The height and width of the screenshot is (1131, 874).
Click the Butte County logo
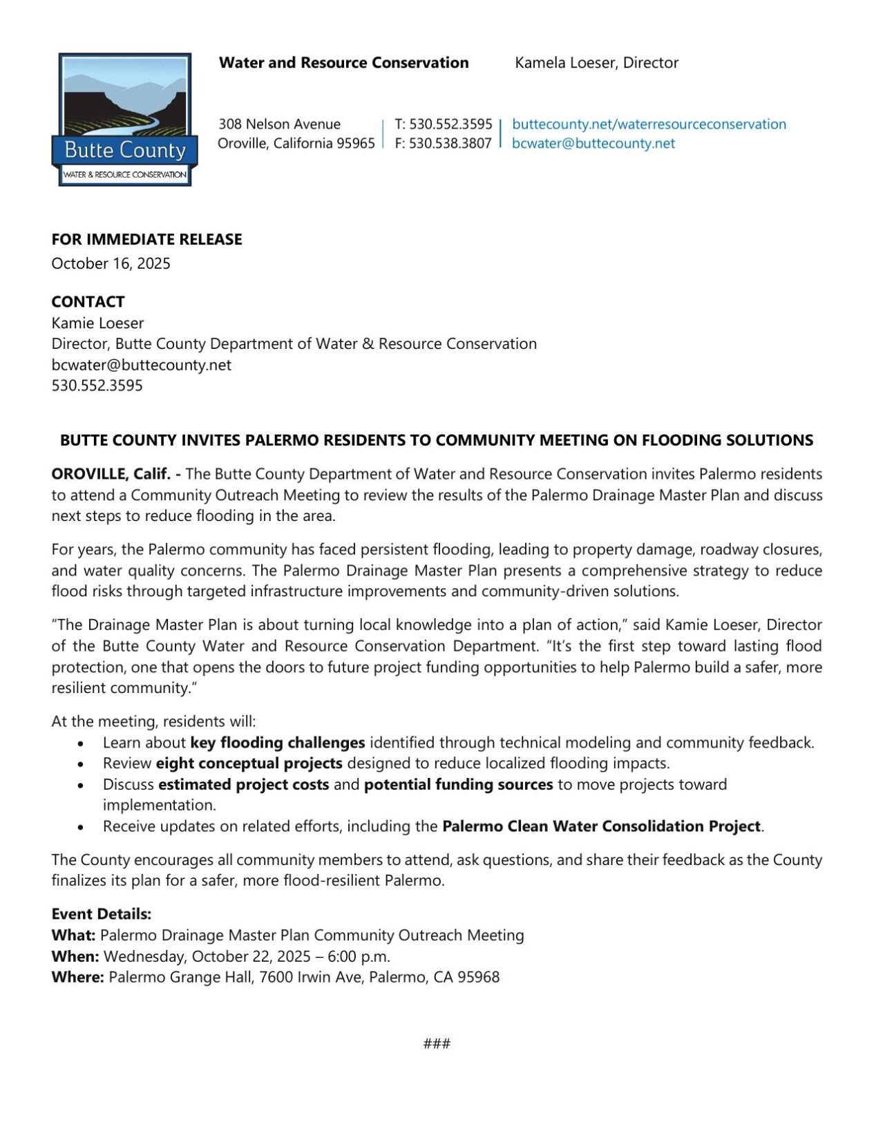[124, 120]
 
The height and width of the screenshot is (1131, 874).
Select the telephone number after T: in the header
[450, 124]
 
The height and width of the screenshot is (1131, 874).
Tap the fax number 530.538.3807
[450, 143]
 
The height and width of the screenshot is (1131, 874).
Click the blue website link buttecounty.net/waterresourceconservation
[649, 124]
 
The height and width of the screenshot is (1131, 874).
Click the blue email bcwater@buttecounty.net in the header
[593, 143]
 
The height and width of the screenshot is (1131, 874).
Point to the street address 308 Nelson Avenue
[279, 124]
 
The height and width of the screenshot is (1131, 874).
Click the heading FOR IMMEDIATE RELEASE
[146, 239]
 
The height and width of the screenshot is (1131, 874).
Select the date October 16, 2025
[111, 263]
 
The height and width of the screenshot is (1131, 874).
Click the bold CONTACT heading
[88, 302]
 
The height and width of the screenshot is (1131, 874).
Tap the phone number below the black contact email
[97, 386]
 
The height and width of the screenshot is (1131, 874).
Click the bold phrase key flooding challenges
[277, 743]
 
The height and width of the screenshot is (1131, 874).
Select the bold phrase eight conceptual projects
[249, 763]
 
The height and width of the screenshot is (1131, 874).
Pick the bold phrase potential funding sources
[458, 785]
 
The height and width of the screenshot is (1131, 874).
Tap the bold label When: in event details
[75, 956]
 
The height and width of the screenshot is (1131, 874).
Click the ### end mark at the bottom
[437, 1043]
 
